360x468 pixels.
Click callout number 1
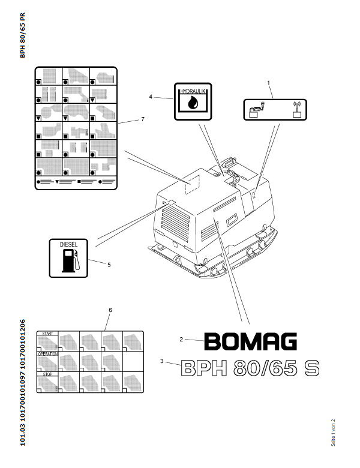click(268, 82)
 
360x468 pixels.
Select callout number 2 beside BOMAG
click(181, 340)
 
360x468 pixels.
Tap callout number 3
click(162, 361)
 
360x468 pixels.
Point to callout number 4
click(151, 96)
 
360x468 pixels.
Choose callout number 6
click(110, 310)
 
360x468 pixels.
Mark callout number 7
click(143, 119)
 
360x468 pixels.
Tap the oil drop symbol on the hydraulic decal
click(192, 103)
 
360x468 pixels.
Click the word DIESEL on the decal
click(69, 245)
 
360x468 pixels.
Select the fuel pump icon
click(70, 262)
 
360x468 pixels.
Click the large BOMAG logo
click(250, 342)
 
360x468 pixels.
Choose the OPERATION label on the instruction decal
click(49, 354)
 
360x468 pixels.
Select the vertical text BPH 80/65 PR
click(23, 35)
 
